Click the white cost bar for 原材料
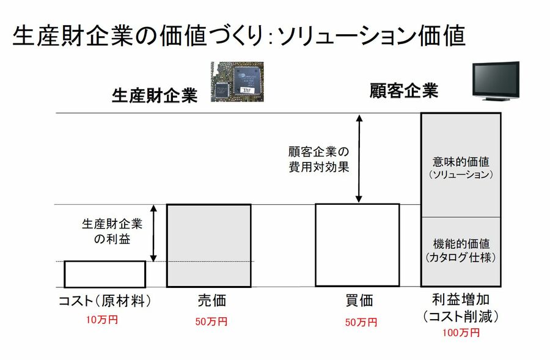tap(105, 274)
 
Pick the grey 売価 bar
tap(208, 245)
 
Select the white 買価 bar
tap(357, 244)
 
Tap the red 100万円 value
tap(461, 332)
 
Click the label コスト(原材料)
tap(105, 301)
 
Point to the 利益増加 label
tap(461, 301)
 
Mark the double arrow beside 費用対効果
tap(359, 159)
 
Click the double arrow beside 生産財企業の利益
tap(154, 233)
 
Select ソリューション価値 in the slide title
tap(372, 36)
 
